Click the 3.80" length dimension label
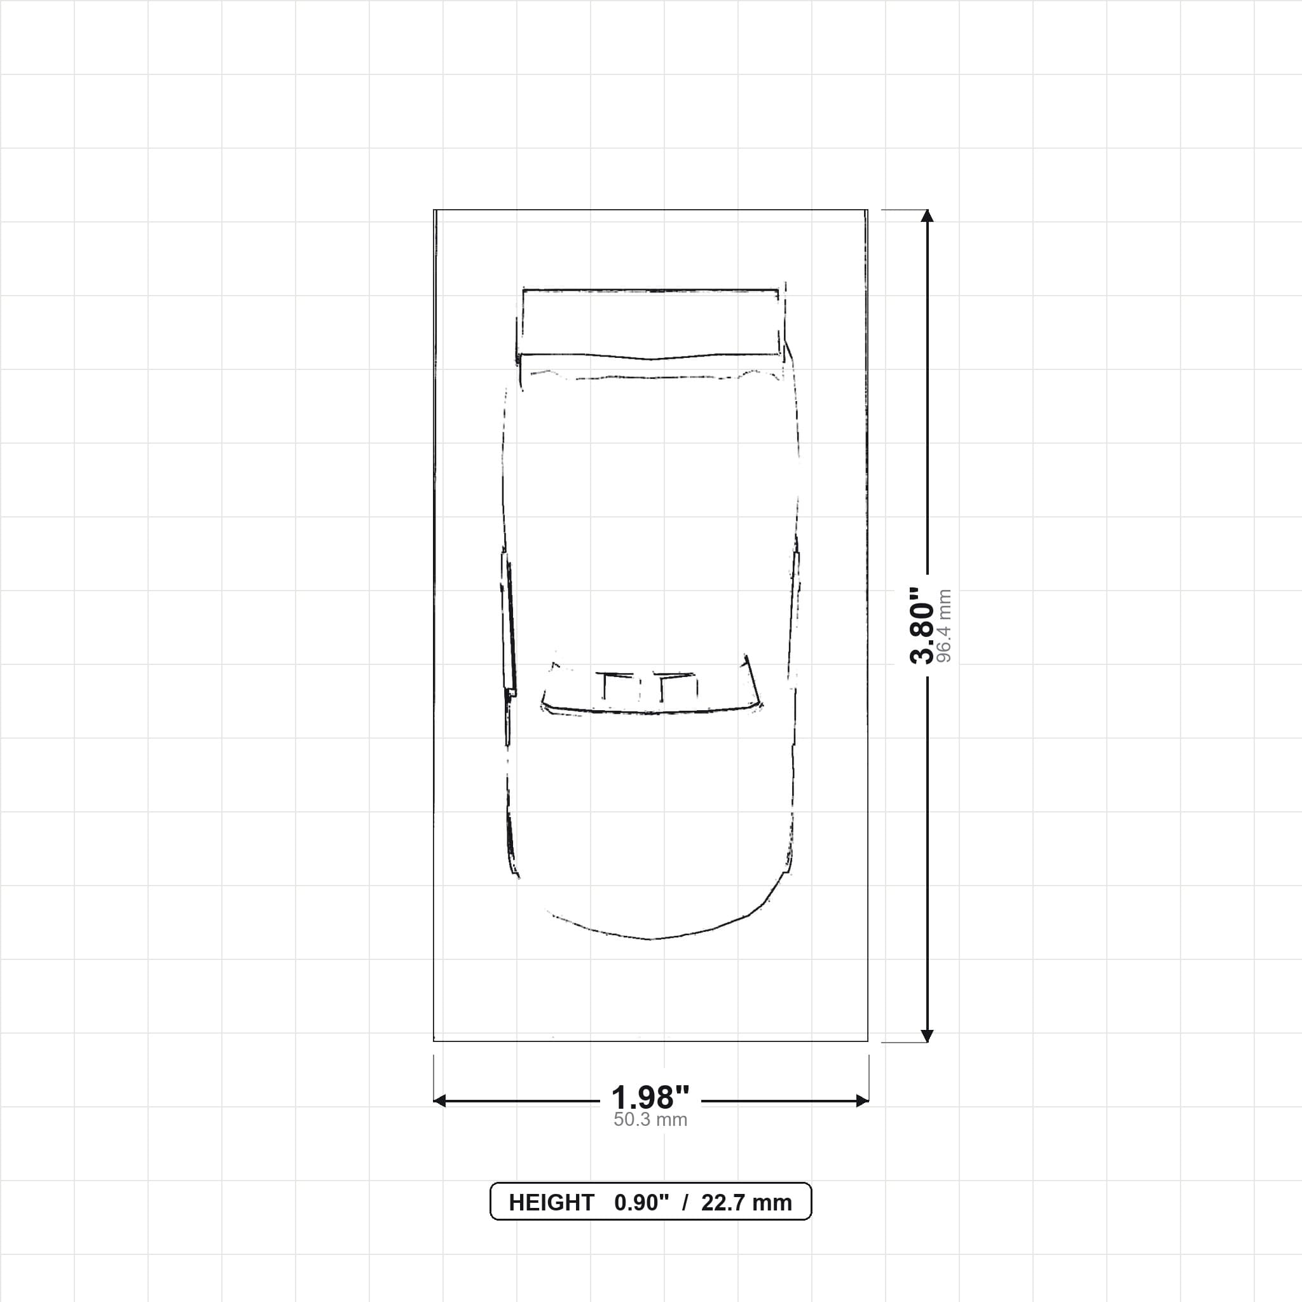tap(922, 626)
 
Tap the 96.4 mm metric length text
tap(943, 626)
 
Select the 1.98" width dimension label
tap(650, 1099)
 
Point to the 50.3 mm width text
tap(650, 1120)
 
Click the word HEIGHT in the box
tap(551, 1203)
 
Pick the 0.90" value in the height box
tap(641, 1203)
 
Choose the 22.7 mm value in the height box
tap(747, 1203)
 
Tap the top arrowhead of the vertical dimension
tap(928, 216)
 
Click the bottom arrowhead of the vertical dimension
tap(928, 1036)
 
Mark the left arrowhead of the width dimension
tap(439, 1101)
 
